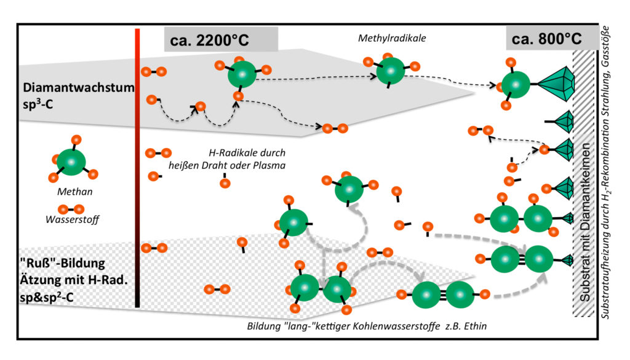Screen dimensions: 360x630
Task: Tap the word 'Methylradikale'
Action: (x=392, y=38)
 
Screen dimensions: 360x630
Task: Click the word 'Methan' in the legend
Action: (x=70, y=191)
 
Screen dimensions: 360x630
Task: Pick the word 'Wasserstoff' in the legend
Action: (x=70, y=218)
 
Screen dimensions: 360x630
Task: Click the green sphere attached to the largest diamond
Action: (x=515, y=84)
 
